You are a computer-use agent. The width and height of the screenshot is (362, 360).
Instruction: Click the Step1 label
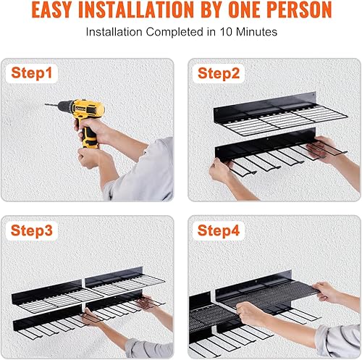[32, 73]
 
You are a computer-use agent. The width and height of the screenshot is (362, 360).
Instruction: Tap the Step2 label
[221, 73]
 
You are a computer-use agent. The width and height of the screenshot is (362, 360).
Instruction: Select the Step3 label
[33, 230]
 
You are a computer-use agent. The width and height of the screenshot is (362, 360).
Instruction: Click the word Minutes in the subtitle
[258, 33]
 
